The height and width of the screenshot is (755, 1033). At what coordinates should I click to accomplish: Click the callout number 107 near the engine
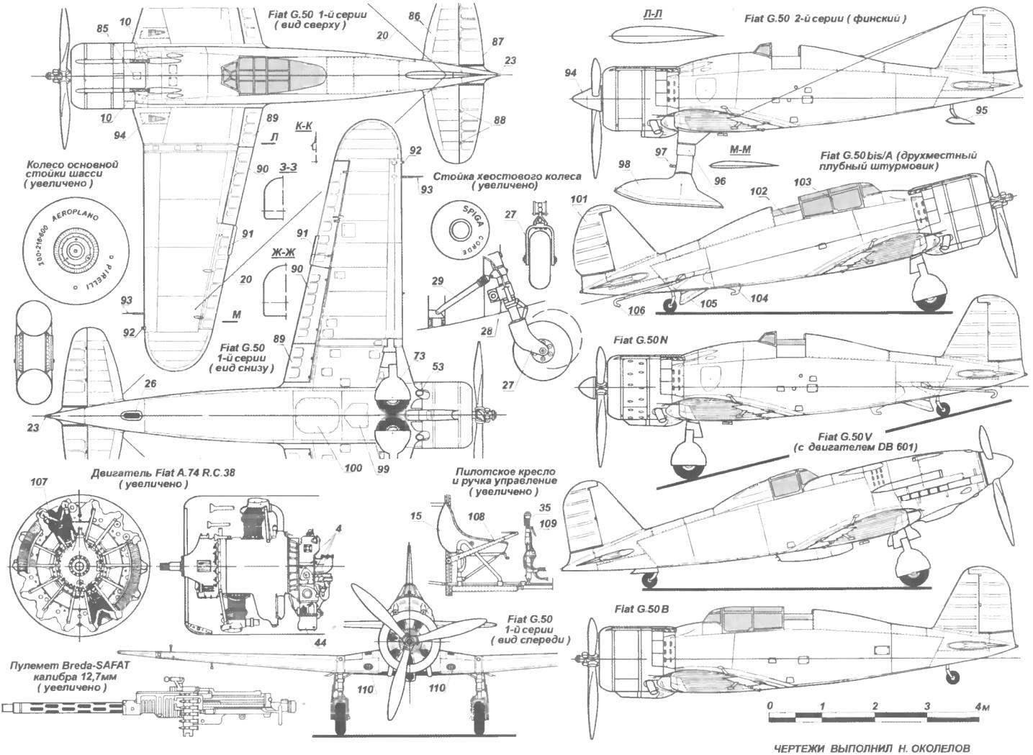(x=41, y=483)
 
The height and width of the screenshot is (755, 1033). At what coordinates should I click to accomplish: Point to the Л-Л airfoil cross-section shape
(x=662, y=37)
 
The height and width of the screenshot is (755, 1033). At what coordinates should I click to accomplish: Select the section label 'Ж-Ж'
(x=284, y=252)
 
